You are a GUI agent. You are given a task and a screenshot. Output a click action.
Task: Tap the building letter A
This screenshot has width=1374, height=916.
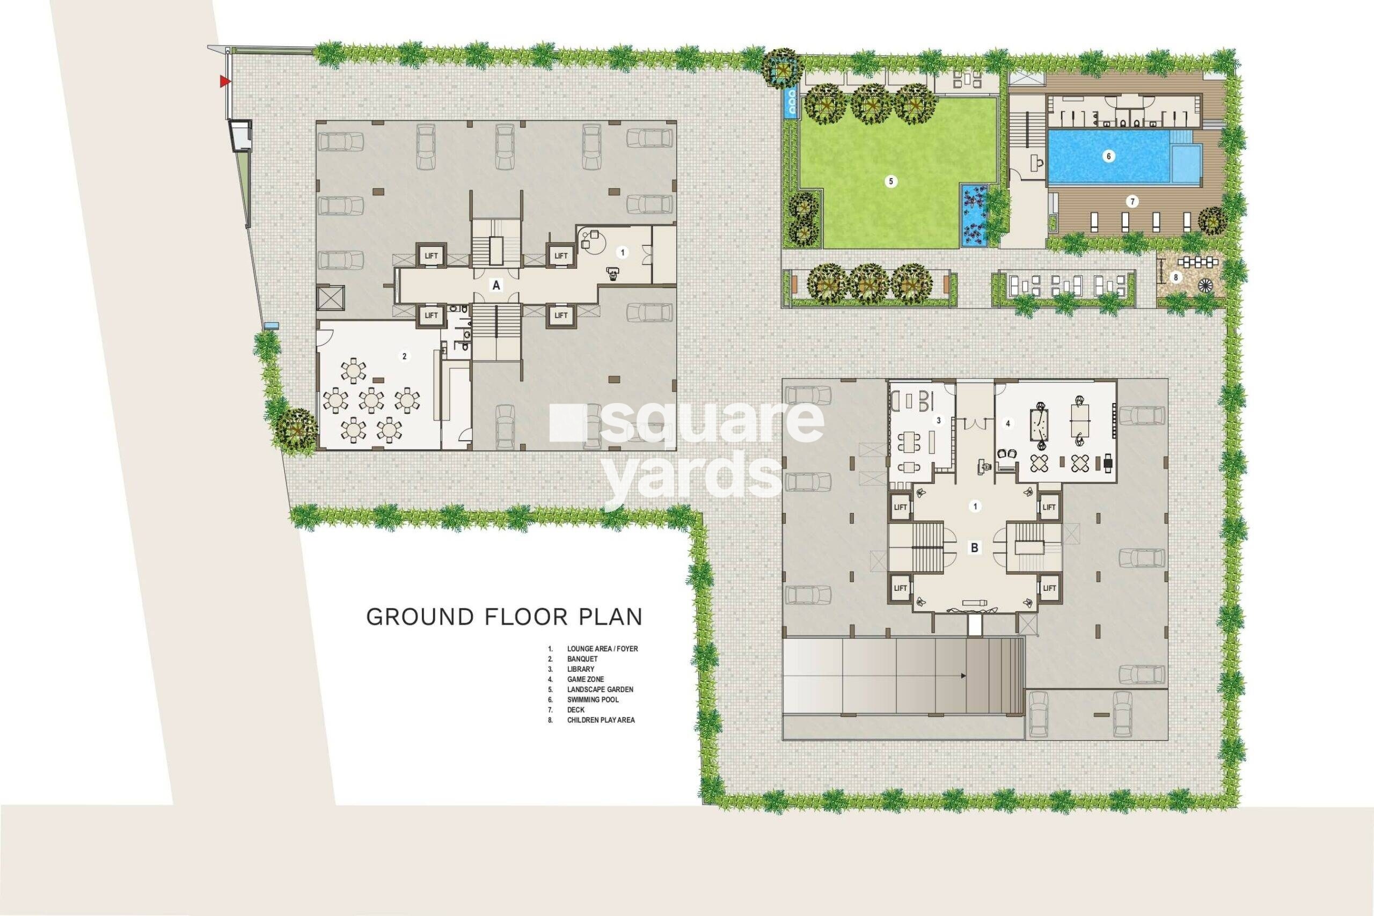[x=496, y=285]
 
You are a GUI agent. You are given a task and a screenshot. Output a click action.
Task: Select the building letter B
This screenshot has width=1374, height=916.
[x=974, y=548]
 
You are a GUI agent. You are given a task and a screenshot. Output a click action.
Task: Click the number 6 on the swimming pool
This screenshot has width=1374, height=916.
[x=1108, y=156]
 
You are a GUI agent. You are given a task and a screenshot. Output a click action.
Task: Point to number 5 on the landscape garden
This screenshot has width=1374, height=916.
[x=891, y=182]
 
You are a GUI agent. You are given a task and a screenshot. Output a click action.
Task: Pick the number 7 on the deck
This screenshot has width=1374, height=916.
[x=1132, y=202]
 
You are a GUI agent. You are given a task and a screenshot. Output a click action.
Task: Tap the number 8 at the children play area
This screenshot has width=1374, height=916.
[x=1176, y=277]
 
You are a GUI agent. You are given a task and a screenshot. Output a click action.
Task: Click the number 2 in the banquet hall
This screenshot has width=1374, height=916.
[x=404, y=356]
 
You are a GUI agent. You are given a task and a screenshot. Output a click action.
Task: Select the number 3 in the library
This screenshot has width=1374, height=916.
[x=938, y=420]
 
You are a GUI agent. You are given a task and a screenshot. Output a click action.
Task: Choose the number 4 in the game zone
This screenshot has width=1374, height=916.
[x=1007, y=423]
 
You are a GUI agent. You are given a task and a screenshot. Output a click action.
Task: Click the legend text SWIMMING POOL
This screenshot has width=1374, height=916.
[x=593, y=699]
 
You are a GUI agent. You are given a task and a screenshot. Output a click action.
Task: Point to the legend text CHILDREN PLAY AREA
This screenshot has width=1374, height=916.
[x=601, y=720]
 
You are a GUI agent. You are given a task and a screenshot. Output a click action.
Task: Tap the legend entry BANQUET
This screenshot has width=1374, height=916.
[x=582, y=659]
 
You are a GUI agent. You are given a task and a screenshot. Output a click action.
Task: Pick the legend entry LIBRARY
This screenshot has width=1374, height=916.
[x=580, y=669]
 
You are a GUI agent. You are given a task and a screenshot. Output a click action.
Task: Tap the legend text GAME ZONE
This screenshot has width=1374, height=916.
[x=586, y=679]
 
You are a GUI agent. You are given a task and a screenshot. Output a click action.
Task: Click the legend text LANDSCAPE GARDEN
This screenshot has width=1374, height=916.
[x=600, y=690]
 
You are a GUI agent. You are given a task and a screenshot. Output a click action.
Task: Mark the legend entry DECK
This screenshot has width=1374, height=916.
[x=575, y=710]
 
